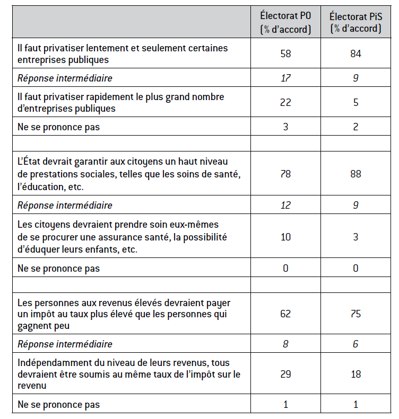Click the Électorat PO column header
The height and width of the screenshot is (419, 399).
point(285,22)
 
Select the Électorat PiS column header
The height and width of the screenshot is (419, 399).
point(355,22)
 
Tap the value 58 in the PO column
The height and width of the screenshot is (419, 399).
point(285,54)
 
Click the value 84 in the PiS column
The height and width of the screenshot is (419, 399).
point(355,54)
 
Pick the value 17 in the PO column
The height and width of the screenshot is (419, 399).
point(285,78)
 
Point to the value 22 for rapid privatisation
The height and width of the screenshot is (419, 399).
point(285,102)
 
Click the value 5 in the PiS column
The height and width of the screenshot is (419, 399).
point(355,102)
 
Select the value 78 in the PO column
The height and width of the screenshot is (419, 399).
point(285,174)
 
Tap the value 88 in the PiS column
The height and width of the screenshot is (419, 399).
point(355,174)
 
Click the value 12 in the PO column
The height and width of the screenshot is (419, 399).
point(285,204)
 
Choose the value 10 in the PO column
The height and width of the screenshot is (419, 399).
point(285,236)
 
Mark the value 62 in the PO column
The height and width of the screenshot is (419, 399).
point(285,314)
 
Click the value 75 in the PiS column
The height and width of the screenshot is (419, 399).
point(355,314)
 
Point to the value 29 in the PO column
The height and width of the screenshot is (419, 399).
point(285,374)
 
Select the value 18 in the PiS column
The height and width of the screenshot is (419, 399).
point(355,374)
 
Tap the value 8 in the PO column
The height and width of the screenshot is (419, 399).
point(285,344)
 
